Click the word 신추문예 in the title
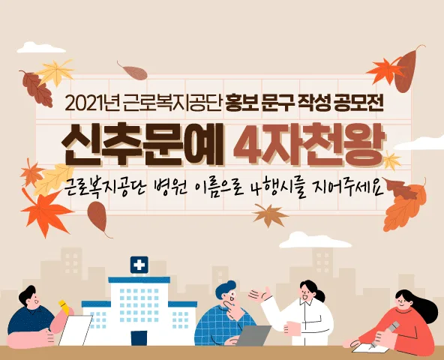point(142,145)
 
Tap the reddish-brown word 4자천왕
point(309,145)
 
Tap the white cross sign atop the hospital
point(139,265)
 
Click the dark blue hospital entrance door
point(139,338)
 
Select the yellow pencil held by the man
point(64,307)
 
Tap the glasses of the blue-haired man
point(230,295)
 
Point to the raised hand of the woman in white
point(259,295)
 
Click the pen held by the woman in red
point(386,335)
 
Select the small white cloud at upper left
point(41,48)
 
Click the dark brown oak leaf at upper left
point(37,88)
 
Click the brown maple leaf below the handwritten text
point(269,214)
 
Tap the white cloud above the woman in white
point(315,241)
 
